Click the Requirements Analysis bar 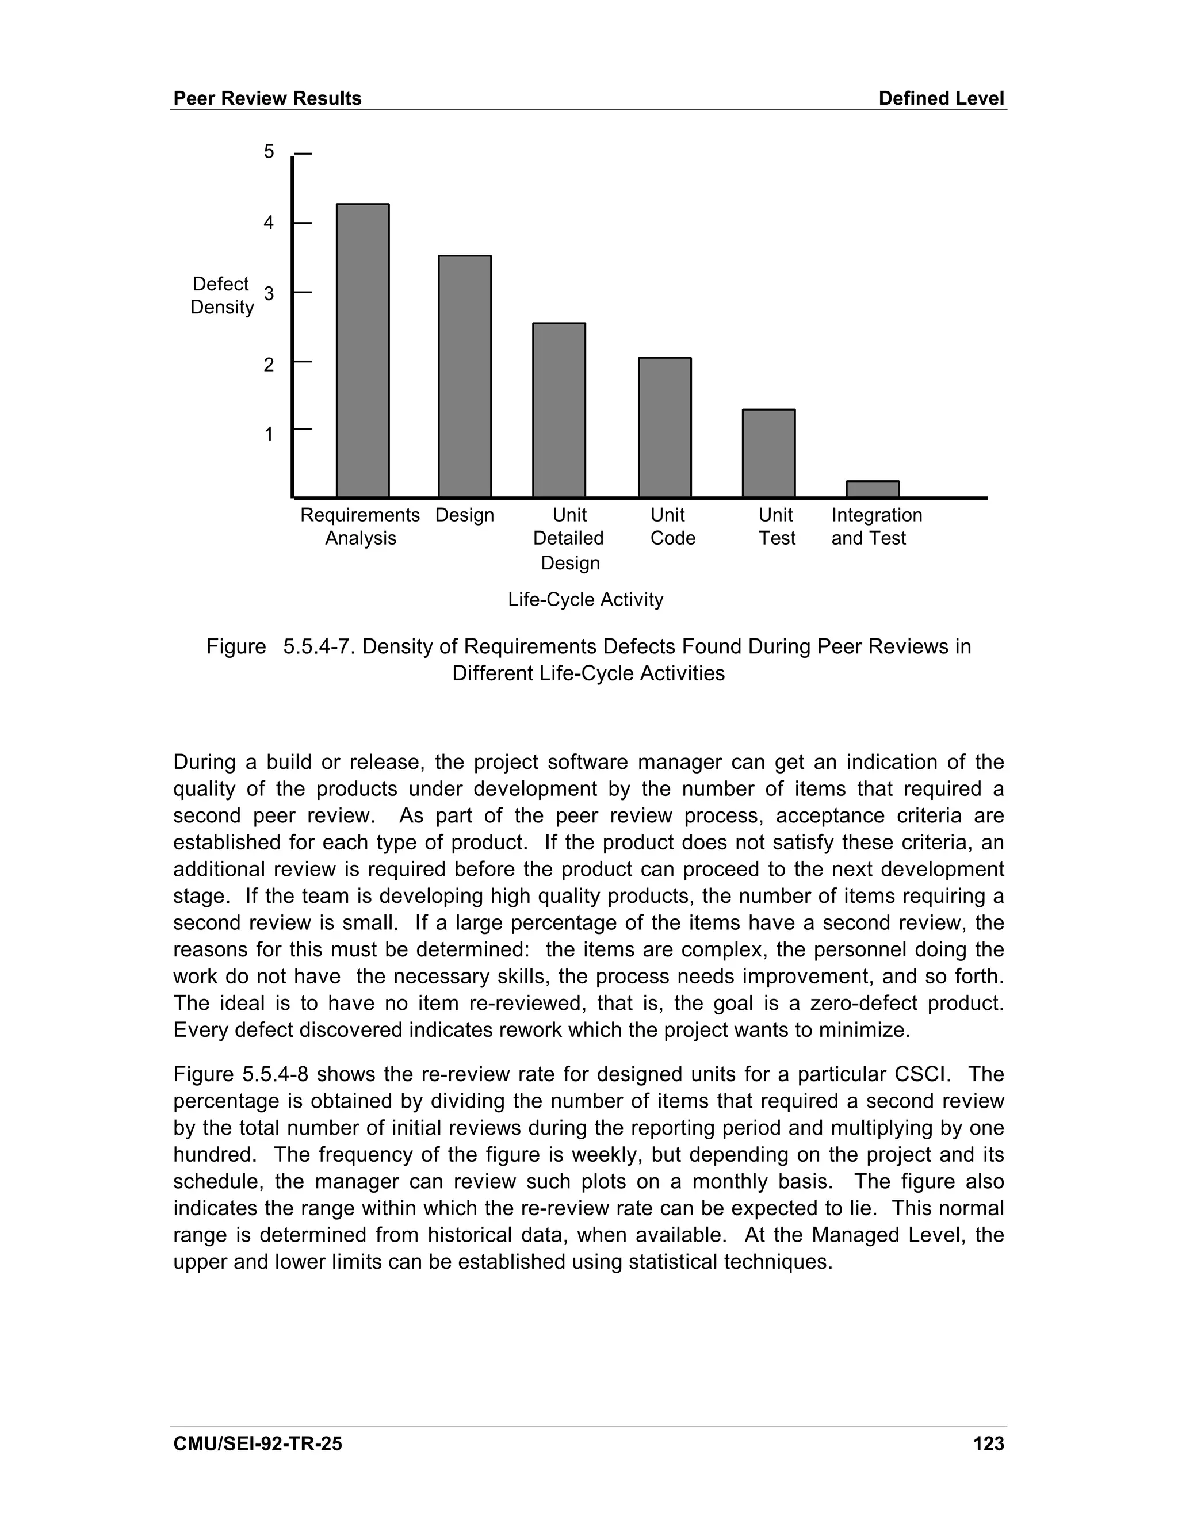362,350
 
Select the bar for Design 464,377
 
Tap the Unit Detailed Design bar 559,410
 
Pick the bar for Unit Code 664,428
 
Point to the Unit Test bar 768,454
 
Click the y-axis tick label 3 269,294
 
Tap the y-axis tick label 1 269,435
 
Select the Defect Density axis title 221,295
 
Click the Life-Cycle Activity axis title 585,599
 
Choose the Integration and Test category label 876,527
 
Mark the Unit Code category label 672,527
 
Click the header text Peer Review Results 267,98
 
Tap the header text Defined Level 940,98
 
